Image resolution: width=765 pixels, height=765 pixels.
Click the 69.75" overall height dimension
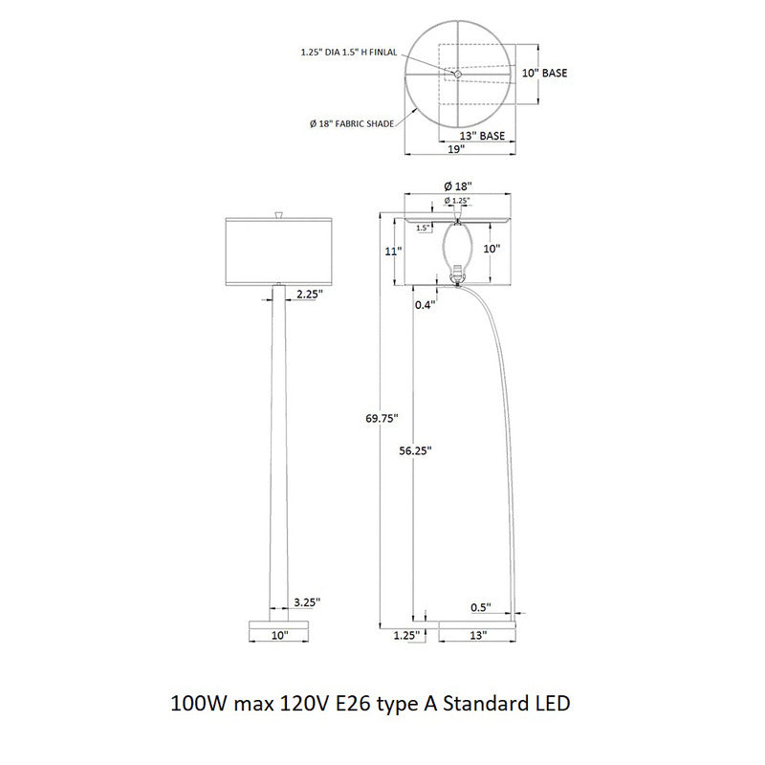click(382, 418)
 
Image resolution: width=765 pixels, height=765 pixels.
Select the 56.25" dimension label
click(415, 450)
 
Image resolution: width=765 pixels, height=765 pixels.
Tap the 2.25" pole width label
click(310, 294)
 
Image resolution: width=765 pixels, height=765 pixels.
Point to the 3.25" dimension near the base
click(307, 602)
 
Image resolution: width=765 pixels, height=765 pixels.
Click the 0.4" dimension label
click(425, 305)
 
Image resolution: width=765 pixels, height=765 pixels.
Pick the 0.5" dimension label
click(481, 607)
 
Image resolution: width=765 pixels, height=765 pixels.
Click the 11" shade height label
click(393, 251)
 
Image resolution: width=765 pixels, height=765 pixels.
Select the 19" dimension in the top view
click(456, 149)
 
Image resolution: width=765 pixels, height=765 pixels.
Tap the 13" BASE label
click(482, 136)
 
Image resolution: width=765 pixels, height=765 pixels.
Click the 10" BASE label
click(544, 73)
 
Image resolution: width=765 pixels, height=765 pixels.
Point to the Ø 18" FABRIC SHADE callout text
click(352, 124)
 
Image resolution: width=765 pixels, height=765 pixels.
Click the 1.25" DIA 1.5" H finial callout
click(349, 53)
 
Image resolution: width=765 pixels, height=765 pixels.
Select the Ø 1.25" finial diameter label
click(457, 201)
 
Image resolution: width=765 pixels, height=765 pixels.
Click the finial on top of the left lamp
click(279, 214)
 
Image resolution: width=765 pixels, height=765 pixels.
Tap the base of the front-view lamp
click(279, 625)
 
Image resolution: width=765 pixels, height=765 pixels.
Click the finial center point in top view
click(458, 74)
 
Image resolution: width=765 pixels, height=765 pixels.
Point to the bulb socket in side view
click(457, 274)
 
